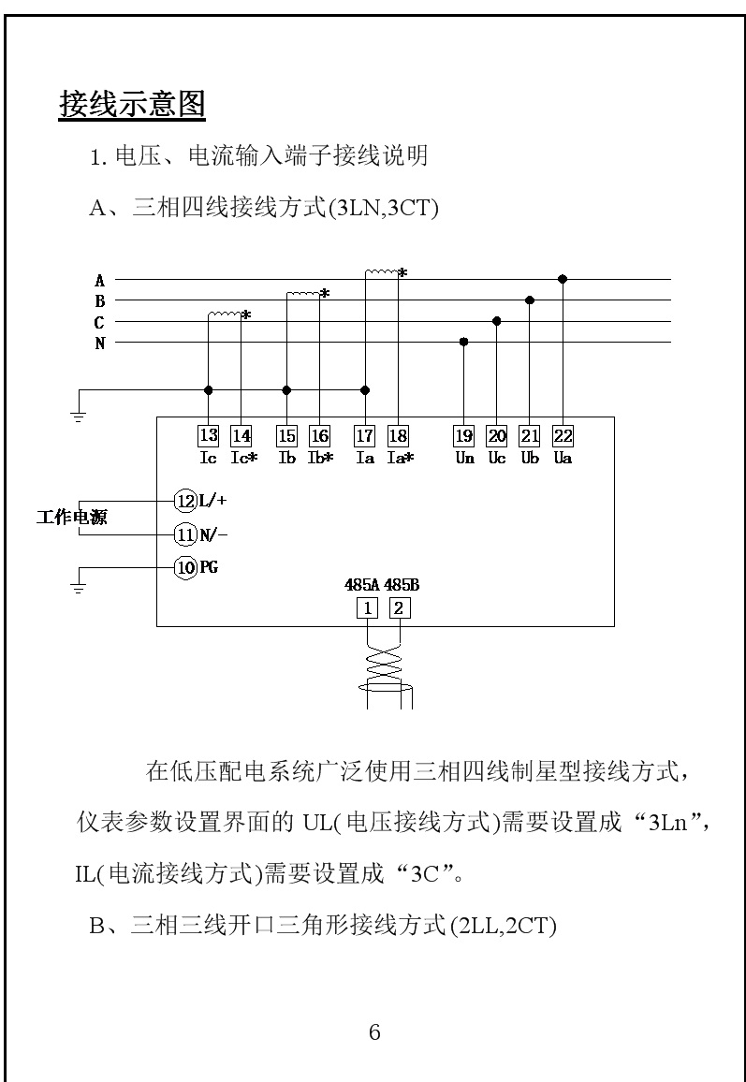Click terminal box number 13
click(x=208, y=435)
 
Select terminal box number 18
click(x=398, y=435)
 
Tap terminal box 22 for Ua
click(x=563, y=435)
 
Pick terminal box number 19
click(x=464, y=435)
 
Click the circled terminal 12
click(x=185, y=499)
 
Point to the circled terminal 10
click(x=185, y=566)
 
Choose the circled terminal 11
click(x=185, y=534)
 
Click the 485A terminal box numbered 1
click(x=370, y=607)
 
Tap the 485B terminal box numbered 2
click(x=400, y=607)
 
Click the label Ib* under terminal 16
click(x=321, y=459)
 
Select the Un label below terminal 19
click(x=464, y=459)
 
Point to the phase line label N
click(x=99, y=344)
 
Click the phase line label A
click(x=99, y=280)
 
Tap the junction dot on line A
click(x=563, y=279)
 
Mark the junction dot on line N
click(x=464, y=343)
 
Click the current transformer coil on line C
click(x=225, y=314)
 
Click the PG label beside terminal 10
click(x=209, y=566)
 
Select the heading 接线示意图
click(x=132, y=104)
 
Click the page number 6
click(x=374, y=1033)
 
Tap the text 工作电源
click(x=71, y=517)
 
